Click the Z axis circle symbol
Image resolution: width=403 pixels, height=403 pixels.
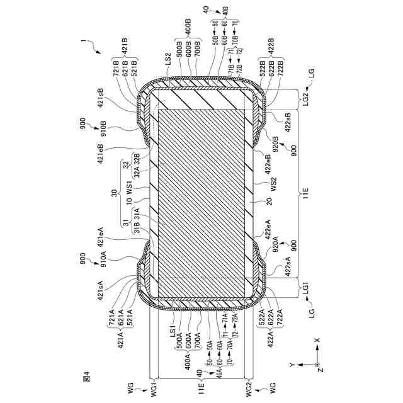coord(318,364)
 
